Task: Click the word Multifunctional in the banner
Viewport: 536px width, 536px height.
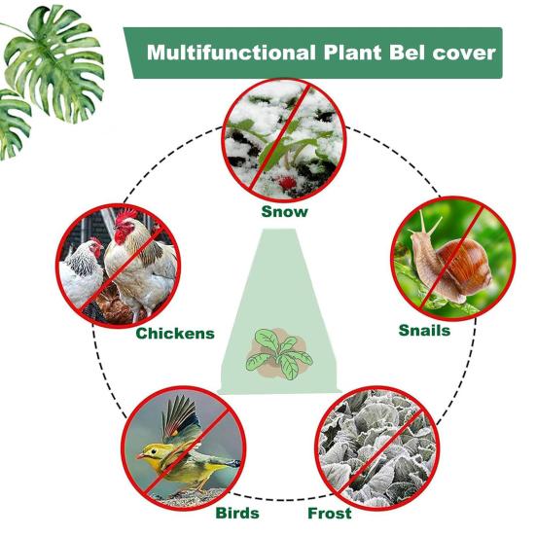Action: click(x=232, y=53)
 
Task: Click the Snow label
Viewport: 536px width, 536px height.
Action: click(x=284, y=212)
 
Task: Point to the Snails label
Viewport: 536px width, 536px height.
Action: click(x=424, y=330)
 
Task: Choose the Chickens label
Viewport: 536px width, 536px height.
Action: click(x=175, y=334)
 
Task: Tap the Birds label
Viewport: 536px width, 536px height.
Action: click(x=237, y=513)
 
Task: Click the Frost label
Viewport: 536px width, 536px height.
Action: click(x=330, y=513)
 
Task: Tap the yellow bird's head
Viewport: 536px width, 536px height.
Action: click(x=150, y=453)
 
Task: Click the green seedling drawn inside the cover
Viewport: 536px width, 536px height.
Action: click(x=279, y=354)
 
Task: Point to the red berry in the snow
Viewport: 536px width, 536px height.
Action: click(x=288, y=183)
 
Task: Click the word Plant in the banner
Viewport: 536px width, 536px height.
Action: click(x=352, y=53)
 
